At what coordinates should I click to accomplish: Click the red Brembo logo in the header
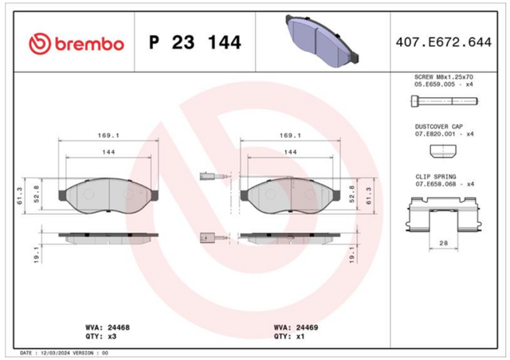(x=76, y=43)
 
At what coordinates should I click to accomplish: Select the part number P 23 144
(x=195, y=42)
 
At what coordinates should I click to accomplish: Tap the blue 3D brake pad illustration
(x=322, y=41)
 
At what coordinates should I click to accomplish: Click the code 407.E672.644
(x=444, y=42)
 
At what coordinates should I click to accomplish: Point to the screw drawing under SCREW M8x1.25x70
(x=445, y=101)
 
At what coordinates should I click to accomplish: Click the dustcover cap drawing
(x=443, y=151)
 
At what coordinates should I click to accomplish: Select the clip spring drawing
(x=444, y=214)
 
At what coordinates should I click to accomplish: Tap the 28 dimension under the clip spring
(x=443, y=243)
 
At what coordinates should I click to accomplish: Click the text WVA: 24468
(x=108, y=327)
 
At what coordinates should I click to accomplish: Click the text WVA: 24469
(x=296, y=327)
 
